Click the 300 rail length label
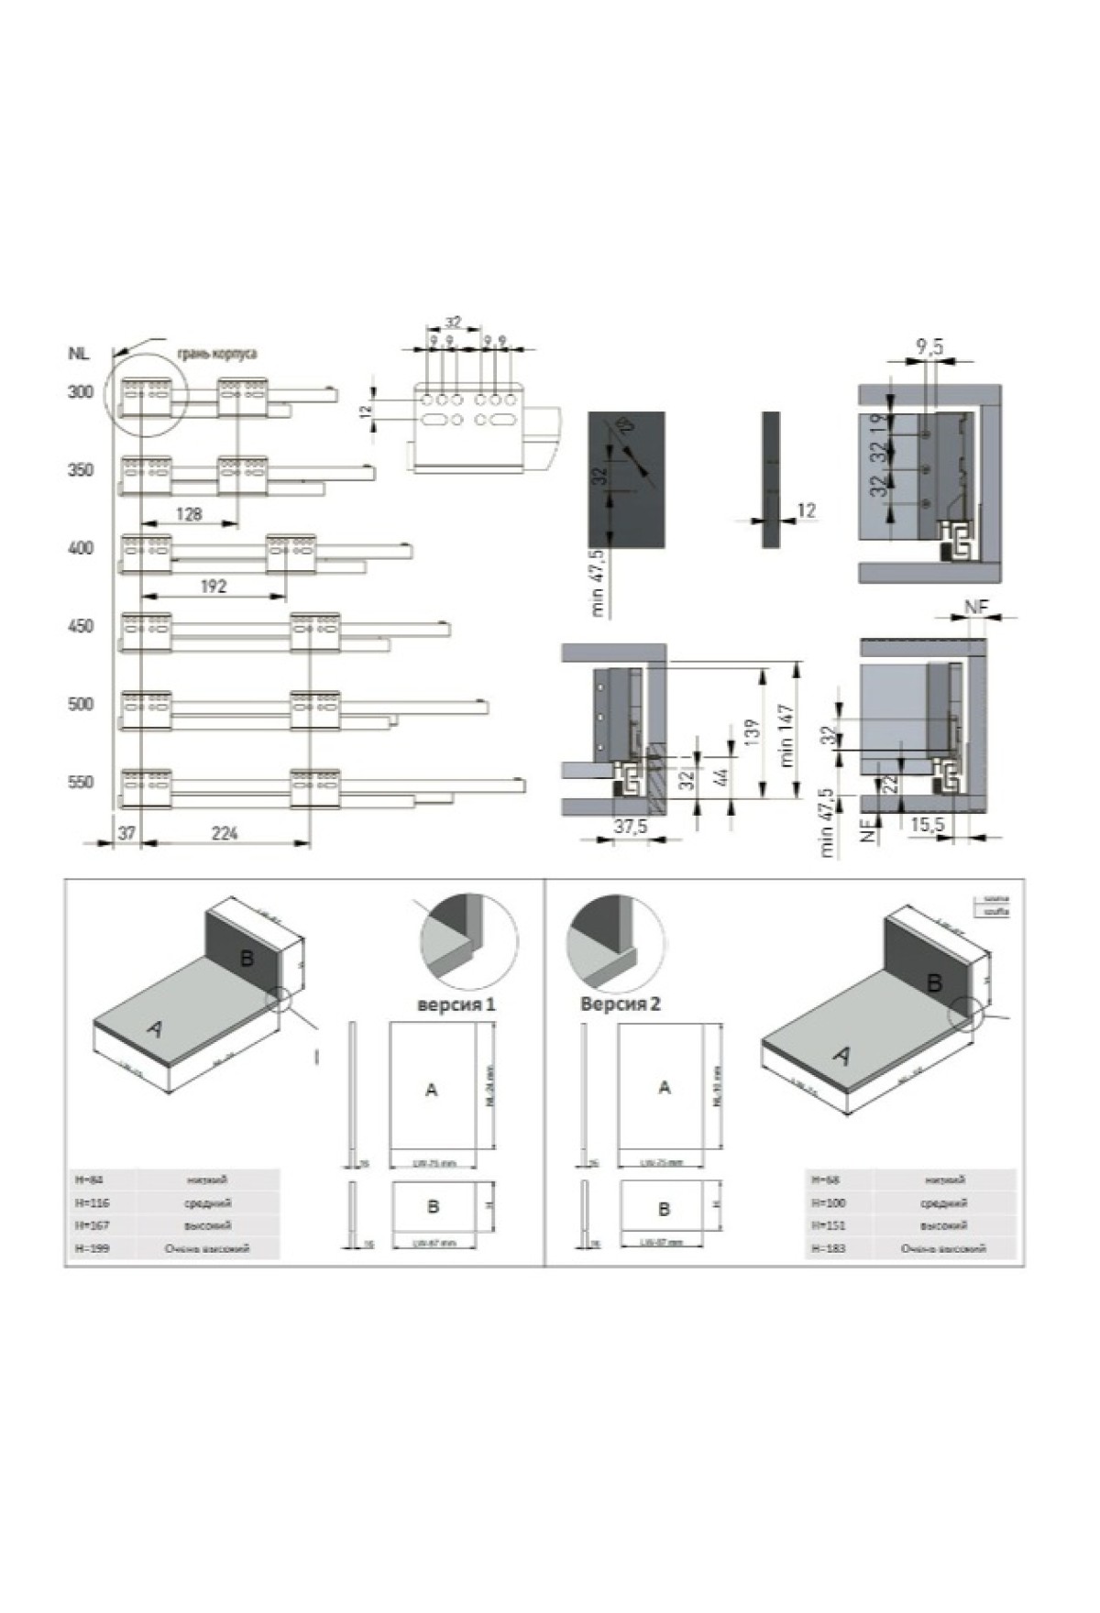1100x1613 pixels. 81,392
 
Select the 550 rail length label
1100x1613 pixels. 81,783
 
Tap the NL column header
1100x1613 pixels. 78,353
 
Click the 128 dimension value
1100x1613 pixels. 188,514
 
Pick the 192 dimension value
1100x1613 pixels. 213,587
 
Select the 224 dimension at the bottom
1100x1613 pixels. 225,832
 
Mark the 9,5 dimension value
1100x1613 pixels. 930,346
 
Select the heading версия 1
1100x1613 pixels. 456,1004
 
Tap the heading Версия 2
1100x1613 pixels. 620,1004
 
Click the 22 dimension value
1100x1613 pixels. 888,784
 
